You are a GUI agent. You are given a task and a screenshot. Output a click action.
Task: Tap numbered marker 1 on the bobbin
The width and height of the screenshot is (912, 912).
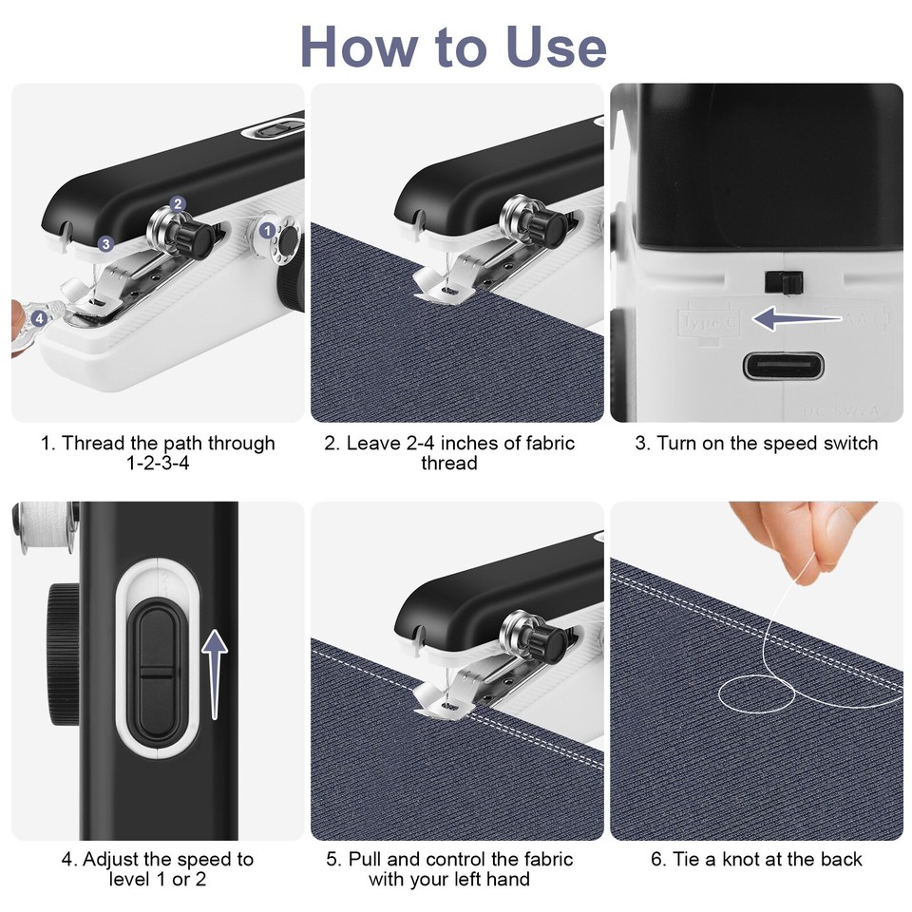[267, 229]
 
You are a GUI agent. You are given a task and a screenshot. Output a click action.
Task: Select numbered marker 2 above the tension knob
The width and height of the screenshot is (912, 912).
[178, 203]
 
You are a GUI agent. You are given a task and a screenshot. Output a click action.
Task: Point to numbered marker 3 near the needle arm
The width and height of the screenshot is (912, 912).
[104, 244]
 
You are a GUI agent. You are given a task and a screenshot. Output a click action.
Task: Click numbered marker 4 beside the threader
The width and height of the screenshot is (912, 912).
[38, 319]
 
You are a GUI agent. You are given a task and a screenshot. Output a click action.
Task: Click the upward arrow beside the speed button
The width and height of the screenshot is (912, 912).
[217, 675]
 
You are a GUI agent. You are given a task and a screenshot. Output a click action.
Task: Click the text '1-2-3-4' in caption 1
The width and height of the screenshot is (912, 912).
[158, 464]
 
